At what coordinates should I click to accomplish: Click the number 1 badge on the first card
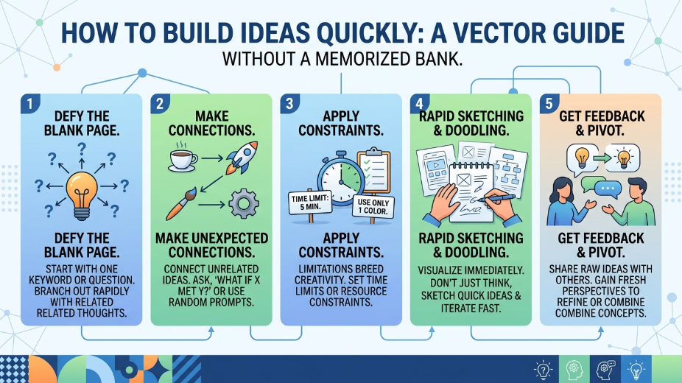30,104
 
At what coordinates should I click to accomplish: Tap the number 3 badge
289,104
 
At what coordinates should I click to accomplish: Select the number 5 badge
549,104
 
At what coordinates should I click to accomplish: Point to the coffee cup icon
183,158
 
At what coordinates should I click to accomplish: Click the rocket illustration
242,158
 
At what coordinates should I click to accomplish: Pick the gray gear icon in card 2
244,203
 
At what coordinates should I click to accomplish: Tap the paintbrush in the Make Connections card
181,204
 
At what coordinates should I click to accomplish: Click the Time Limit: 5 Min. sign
310,203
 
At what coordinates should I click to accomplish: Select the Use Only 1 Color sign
373,207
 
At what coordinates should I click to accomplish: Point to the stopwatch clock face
340,180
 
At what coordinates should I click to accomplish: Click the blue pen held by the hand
496,199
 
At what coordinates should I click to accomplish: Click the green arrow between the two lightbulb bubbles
602,158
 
